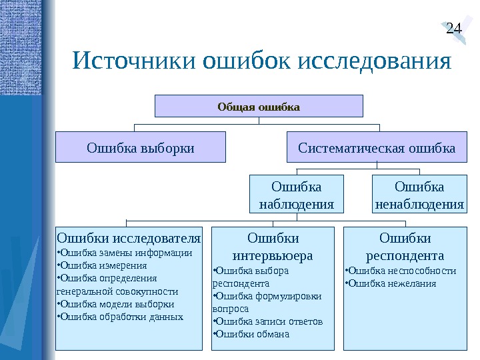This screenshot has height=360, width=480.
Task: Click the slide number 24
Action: click(x=453, y=28)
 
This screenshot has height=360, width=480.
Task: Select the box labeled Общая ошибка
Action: click(x=259, y=106)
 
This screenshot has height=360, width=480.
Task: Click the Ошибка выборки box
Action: click(x=141, y=147)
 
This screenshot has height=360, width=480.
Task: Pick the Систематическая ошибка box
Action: click(x=377, y=147)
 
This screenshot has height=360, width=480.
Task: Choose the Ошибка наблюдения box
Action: click(x=296, y=194)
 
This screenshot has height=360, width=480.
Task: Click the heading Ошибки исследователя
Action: click(x=129, y=237)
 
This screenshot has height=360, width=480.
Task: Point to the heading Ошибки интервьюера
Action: click(x=273, y=246)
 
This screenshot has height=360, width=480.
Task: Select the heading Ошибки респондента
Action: click(x=405, y=246)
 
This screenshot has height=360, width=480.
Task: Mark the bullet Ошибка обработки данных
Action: click(x=121, y=317)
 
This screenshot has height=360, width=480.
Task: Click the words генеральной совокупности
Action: click(x=118, y=291)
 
